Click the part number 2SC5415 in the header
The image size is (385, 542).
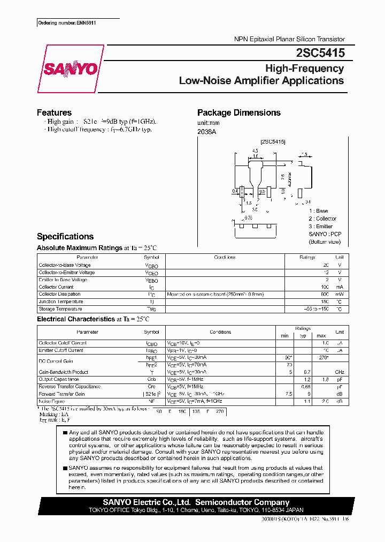[319, 53]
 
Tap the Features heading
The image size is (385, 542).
[54, 112]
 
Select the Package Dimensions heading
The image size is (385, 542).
[238, 112]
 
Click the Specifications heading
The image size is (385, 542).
[65, 236]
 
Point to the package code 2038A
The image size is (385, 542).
[206, 132]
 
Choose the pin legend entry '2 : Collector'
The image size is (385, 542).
[322, 219]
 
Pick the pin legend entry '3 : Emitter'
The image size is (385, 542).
[320, 227]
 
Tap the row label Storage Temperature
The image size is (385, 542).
[60, 309]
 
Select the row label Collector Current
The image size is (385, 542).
[56, 287]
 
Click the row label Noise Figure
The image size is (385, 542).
[51, 401]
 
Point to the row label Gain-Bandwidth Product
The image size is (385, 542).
[64, 372]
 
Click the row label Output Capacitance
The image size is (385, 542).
[59, 379]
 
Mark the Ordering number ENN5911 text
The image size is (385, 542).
[68, 23]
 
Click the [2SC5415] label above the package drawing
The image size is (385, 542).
[273, 141]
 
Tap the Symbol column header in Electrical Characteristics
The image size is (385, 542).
[151, 332]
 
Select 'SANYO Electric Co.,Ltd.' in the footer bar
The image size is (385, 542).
[147, 502]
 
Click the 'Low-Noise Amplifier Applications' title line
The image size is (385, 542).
[261, 81]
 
